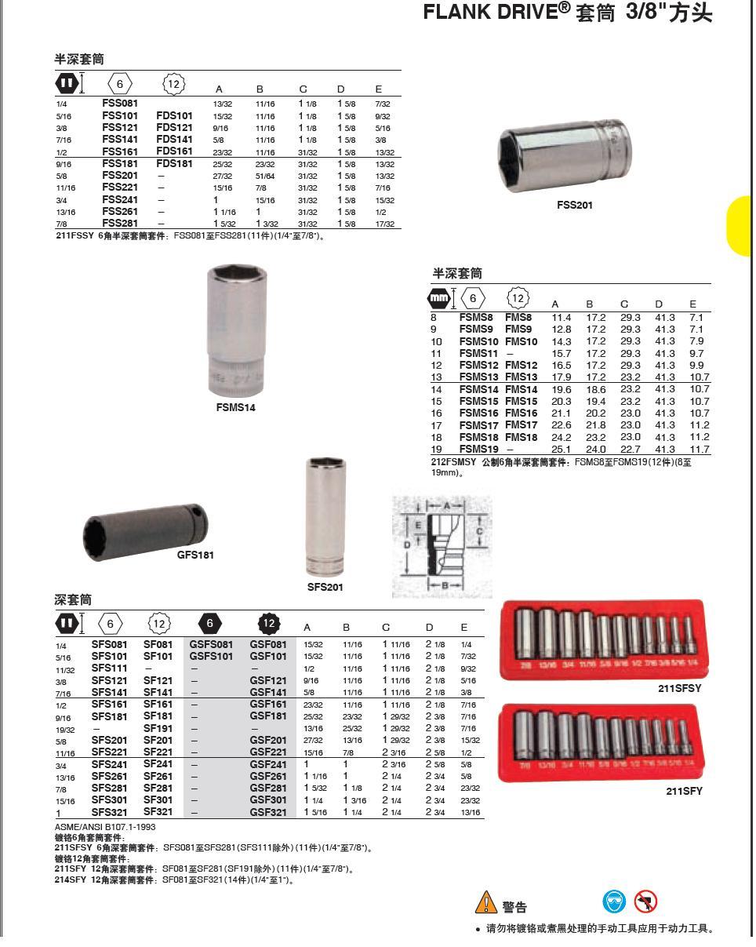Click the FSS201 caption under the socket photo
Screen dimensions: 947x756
pos(574,206)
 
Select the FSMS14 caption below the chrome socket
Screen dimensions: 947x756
pos(235,407)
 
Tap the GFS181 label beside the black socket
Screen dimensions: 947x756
pos(194,555)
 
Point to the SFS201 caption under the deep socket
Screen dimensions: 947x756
pos(325,586)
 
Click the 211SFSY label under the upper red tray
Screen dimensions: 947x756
pos(679,688)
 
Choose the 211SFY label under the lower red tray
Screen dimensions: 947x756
pos(684,791)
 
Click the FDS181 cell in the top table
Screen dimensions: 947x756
pos(174,164)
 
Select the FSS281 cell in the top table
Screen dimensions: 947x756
pos(120,223)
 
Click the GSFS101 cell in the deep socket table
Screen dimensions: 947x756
pos(211,657)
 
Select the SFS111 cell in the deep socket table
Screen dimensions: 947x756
pos(109,668)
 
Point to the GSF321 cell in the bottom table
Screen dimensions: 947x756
pos(268,812)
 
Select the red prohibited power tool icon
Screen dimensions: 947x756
pos(646,901)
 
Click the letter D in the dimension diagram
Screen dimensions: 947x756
pos(406,544)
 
